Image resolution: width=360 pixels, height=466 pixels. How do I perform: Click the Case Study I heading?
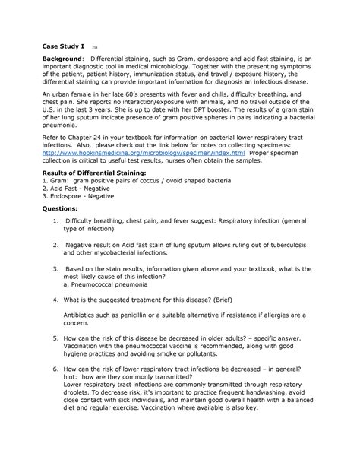click(63, 46)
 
